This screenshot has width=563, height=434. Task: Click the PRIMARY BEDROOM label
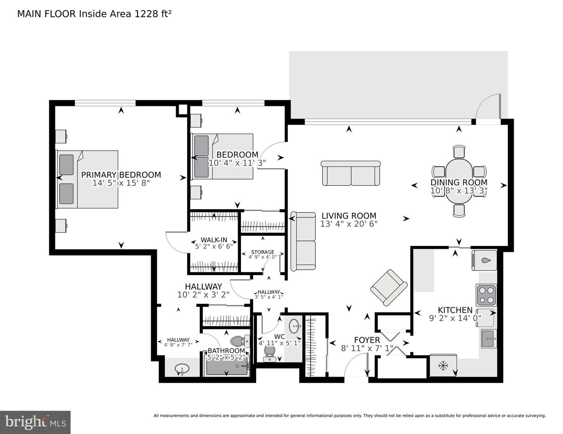pos(121,175)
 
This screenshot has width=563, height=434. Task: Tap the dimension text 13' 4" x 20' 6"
pos(348,224)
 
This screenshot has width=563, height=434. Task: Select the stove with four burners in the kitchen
pos(486,295)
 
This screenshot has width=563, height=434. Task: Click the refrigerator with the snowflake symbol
pos(443,366)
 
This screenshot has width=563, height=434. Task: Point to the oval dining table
pos(459,181)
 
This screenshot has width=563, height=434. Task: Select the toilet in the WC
pos(270,352)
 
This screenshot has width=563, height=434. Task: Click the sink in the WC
pos(295,325)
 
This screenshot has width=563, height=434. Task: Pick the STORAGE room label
pos(262,252)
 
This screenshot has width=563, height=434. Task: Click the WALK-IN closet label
pos(214,240)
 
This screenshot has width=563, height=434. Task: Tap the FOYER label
pos(367,340)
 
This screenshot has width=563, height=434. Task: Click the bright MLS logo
pos(35,422)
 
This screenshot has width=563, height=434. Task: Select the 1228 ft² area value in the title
pos(153,14)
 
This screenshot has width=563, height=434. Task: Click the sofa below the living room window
pos(351,173)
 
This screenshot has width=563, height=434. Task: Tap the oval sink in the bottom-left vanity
pos(182,368)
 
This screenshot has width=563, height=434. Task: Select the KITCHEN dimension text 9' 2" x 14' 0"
pos(455,318)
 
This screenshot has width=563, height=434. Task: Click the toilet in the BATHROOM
pos(238,342)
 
